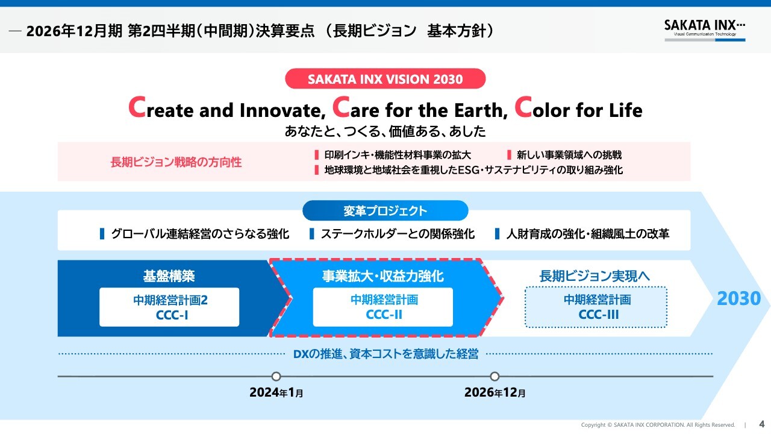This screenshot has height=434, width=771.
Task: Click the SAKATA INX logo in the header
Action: click(x=705, y=30)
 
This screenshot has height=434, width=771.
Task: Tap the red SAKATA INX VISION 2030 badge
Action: click(x=385, y=78)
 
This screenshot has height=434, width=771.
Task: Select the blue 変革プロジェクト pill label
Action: click(x=385, y=210)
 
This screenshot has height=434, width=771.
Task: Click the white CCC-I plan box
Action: click(x=169, y=307)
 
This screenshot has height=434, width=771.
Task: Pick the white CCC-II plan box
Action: click(x=382, y=307)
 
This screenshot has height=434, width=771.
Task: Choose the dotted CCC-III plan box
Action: click(x=596, y=307)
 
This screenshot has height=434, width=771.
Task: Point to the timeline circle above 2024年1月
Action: click(x=276, y=376)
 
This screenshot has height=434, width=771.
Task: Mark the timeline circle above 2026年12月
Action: click(x=495, y=376)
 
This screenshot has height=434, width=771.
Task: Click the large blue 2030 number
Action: click(x=738, y=298)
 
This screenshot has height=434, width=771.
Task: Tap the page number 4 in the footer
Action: click(x=762, y=424)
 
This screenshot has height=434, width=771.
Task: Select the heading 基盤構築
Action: click(x=169, y=276)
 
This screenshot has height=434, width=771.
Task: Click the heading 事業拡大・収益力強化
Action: click(x=382, y=276)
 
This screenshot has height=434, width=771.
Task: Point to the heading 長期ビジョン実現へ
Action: click(x=595, y=276)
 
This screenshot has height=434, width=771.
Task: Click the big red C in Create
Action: click(x=137, y=107)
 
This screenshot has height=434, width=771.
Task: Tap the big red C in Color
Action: click(x=523, y=107)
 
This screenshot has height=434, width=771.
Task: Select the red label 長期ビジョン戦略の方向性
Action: click(x=176, y=162)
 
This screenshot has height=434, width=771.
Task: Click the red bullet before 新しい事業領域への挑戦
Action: click(x=509, y=155)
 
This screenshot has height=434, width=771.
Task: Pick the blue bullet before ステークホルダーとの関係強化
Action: click(x=312, y=233)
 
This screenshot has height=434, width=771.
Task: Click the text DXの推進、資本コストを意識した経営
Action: click(x=385, y=354)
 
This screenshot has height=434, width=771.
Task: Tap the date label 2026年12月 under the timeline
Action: click(x=495, y=392)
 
